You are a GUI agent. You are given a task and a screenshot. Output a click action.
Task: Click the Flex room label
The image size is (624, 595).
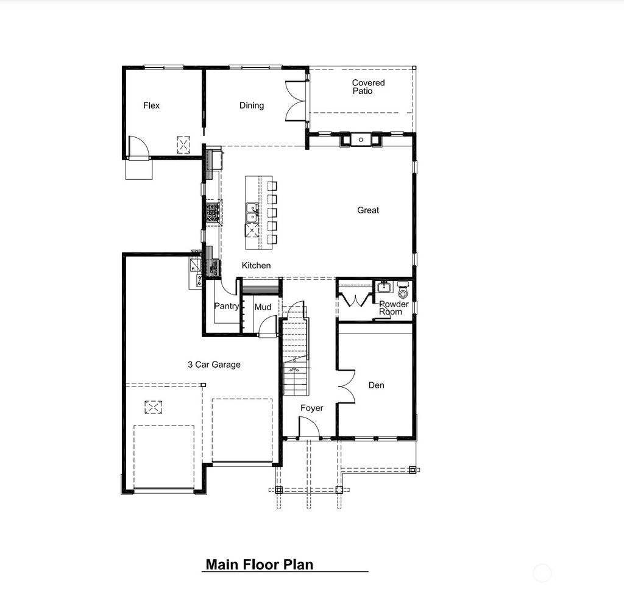pos(151,105)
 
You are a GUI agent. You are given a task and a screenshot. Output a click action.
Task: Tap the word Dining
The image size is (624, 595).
pos(251,105)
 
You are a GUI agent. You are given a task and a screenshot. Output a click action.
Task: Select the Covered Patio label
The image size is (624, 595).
pos(368,87)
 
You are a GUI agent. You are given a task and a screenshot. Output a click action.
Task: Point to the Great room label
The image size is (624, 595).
pos(368,210)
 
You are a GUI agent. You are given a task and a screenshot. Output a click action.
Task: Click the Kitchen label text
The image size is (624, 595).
pos(256,266)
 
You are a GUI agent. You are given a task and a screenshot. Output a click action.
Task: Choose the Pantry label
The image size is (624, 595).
pos(226,307)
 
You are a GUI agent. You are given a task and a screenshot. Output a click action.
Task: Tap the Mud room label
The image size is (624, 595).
pos(263,307)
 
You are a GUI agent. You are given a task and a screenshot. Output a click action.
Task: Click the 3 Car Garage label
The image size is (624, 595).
pos(213,365)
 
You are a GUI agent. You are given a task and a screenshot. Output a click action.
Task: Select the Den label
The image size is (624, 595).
pos(376,385)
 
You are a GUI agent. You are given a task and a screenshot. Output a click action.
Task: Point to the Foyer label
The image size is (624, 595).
pos(312,408)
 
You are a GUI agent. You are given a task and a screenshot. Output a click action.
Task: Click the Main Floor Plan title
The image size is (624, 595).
pos(259,565)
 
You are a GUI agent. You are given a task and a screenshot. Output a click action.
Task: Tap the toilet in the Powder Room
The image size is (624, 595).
pos(403,291)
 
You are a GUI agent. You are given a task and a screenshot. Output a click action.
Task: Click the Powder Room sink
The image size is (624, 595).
pos(384,287)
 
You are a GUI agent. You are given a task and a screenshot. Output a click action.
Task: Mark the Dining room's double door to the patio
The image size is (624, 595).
pos(296,102)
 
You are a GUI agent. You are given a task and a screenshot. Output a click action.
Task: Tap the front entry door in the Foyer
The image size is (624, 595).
pos(308,428)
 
